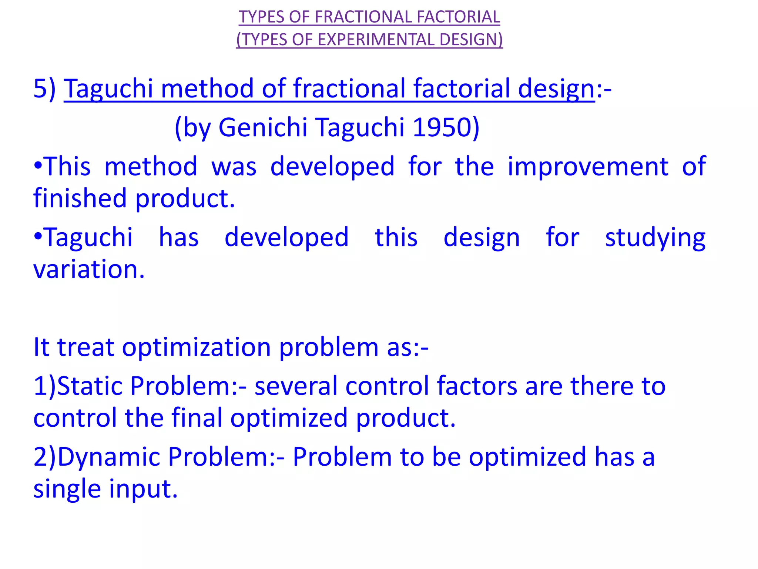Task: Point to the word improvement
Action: point(588,167)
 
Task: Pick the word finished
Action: point(80,198)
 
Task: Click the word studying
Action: point(655,238)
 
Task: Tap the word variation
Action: point(89,269)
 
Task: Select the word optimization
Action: point(197,347)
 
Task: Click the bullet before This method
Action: point(38,166)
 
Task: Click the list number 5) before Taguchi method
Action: point(44,89)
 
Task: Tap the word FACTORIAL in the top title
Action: point(458,17)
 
